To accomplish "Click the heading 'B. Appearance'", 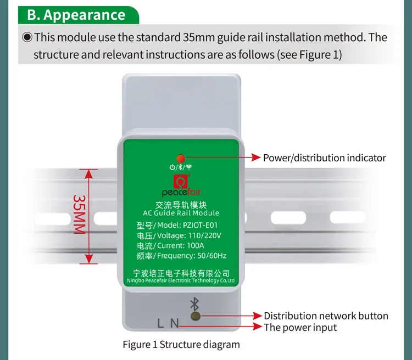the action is coord(76,14).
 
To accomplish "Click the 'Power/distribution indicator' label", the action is coord(324,158).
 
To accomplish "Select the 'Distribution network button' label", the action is coord(326,316).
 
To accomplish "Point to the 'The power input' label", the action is coord(300,328).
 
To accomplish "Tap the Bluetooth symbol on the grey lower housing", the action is coord(193,303).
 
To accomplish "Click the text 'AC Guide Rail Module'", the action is coord(181,213).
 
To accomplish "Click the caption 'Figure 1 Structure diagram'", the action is coord(181,345).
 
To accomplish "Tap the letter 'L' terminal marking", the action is coord(160,323).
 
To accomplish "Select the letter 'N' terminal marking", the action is coord(174,323).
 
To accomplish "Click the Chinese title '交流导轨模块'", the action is coord(181,204).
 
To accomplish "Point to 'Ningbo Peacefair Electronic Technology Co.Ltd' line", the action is coord(181,280).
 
